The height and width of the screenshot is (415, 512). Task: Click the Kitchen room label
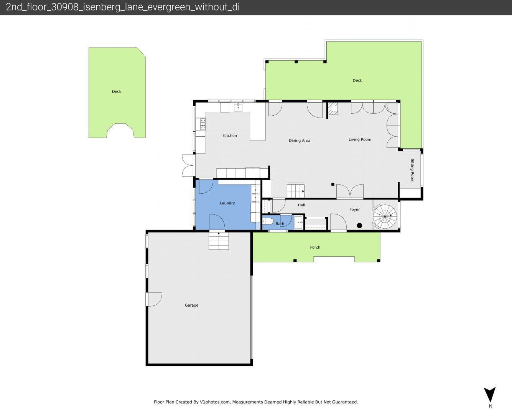pos(230,136)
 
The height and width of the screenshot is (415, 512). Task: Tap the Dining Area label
pos(300,140)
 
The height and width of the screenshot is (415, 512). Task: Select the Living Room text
pos(360,139)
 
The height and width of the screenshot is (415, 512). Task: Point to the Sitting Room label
pos(412,170)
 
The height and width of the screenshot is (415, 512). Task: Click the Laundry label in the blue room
pos(227,203)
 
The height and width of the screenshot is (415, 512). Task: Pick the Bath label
pos(280,224)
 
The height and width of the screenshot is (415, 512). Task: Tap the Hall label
pos(301,205)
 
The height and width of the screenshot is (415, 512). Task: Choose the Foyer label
pos(354,209)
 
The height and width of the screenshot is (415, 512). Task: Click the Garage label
pos(192,305)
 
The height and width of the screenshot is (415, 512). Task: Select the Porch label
pos(315,247)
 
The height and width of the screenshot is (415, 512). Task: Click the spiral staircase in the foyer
pos(385,217)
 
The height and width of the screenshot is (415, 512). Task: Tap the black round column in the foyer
pos(360,226)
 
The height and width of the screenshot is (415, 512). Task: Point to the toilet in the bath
pos(268,221)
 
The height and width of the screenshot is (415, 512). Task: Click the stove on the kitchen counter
pos(203,124)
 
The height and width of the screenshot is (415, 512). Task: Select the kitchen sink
pos(238,108)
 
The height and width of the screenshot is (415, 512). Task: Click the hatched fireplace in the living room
pos(333,108)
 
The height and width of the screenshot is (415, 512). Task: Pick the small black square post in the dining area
pos(333,184)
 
